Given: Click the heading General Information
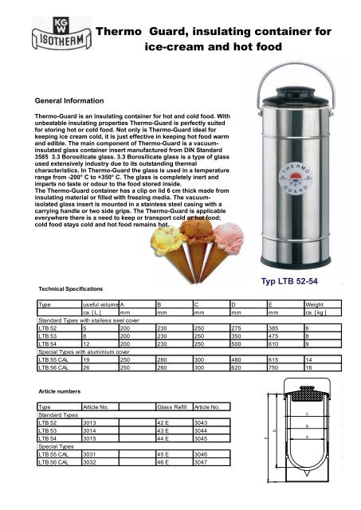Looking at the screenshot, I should pos(64,102).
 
